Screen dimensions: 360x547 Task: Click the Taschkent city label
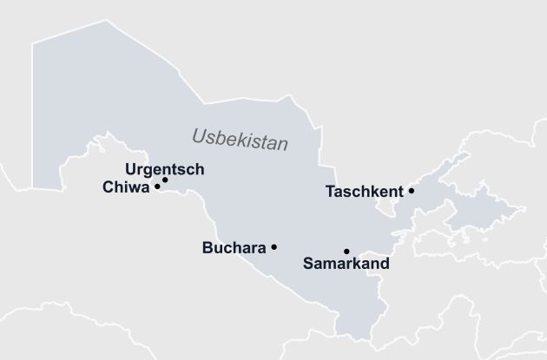tap(364, 192)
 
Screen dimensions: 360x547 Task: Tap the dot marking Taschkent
tap(412, 191)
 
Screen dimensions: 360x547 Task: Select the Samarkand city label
tap(346, 262)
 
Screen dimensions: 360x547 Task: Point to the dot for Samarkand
tap(346, 251)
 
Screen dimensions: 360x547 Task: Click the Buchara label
tap(234, 248)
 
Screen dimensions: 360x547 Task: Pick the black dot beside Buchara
tap(274, 247)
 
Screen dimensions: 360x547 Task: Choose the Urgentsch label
tap(165, 169)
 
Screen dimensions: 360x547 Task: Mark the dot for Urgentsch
tap(165, 180)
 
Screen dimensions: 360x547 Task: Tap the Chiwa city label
tap(125, 187)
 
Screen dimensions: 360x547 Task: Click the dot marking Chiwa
tap(157, 186)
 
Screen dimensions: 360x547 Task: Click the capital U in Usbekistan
tap(198, 135)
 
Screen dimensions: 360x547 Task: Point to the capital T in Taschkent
tap(330, 192)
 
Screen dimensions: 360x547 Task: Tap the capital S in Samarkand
tap(307, 262)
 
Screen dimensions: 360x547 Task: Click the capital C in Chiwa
tap(108, 187)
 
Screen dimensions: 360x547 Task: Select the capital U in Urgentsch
tap(130, 169)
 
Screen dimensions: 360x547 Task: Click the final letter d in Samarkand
tap(385, 262)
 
